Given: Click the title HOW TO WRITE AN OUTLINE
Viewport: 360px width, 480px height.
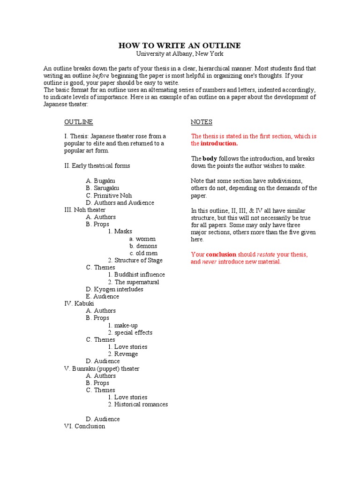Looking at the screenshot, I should pos(180,45).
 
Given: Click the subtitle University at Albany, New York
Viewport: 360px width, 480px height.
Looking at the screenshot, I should pos(180,54).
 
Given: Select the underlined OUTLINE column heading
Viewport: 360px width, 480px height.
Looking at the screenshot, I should pos(78,122).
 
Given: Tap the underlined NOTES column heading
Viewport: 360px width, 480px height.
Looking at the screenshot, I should pos(202,122).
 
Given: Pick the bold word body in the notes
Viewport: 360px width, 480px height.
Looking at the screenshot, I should pos(210,158).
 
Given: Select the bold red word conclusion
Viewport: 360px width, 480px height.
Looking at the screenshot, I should pos(221,254).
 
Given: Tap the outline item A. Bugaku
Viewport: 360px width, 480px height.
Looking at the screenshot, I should pos(100,180).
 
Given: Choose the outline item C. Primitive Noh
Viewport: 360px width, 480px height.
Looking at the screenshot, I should pos(109,195).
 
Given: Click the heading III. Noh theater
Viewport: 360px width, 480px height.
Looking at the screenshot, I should pos(85,210).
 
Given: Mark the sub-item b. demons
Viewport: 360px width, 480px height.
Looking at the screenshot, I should pos(143,246).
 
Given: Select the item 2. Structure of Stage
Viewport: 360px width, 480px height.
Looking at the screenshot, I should pos(135,260).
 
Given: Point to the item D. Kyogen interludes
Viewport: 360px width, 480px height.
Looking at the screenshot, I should pos(114,289).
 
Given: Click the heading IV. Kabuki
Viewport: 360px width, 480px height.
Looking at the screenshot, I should pos(79,303).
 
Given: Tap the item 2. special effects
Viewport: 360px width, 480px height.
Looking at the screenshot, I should pos(130,332).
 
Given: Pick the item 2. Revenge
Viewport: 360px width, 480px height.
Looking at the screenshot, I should pos(123,354).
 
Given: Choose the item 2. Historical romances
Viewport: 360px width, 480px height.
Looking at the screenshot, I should pos(138,404).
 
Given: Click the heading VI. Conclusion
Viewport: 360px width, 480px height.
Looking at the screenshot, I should pos(84,426).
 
